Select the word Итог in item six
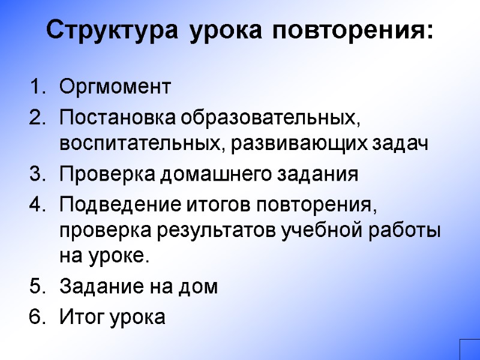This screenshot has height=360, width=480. (81, 316)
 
